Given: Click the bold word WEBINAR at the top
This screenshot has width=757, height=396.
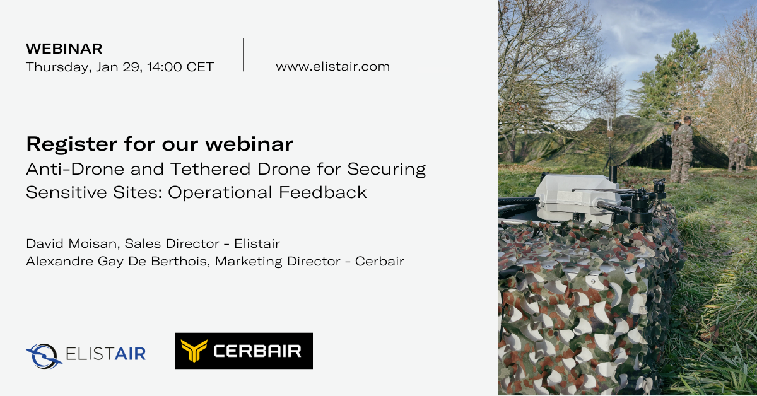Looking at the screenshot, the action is coord(64,49).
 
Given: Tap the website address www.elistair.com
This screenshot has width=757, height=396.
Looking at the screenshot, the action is coord(332,67).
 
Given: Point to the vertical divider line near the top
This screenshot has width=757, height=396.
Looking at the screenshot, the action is coord(244,54).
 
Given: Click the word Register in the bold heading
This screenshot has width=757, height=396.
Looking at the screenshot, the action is coord(72,144).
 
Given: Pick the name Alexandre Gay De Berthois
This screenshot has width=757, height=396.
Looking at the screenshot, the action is coord(117,262).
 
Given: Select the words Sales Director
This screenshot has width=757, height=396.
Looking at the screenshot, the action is coord(172,243).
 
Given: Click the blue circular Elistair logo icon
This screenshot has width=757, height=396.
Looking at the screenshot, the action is coord(44,356).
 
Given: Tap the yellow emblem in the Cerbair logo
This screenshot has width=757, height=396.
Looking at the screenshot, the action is coord(194,351).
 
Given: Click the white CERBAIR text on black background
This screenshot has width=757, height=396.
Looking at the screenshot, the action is coord(257,351).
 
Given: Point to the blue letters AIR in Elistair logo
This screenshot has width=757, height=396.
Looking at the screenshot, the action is coord(130,354).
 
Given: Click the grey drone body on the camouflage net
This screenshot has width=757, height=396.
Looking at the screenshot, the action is coord(577,197).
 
